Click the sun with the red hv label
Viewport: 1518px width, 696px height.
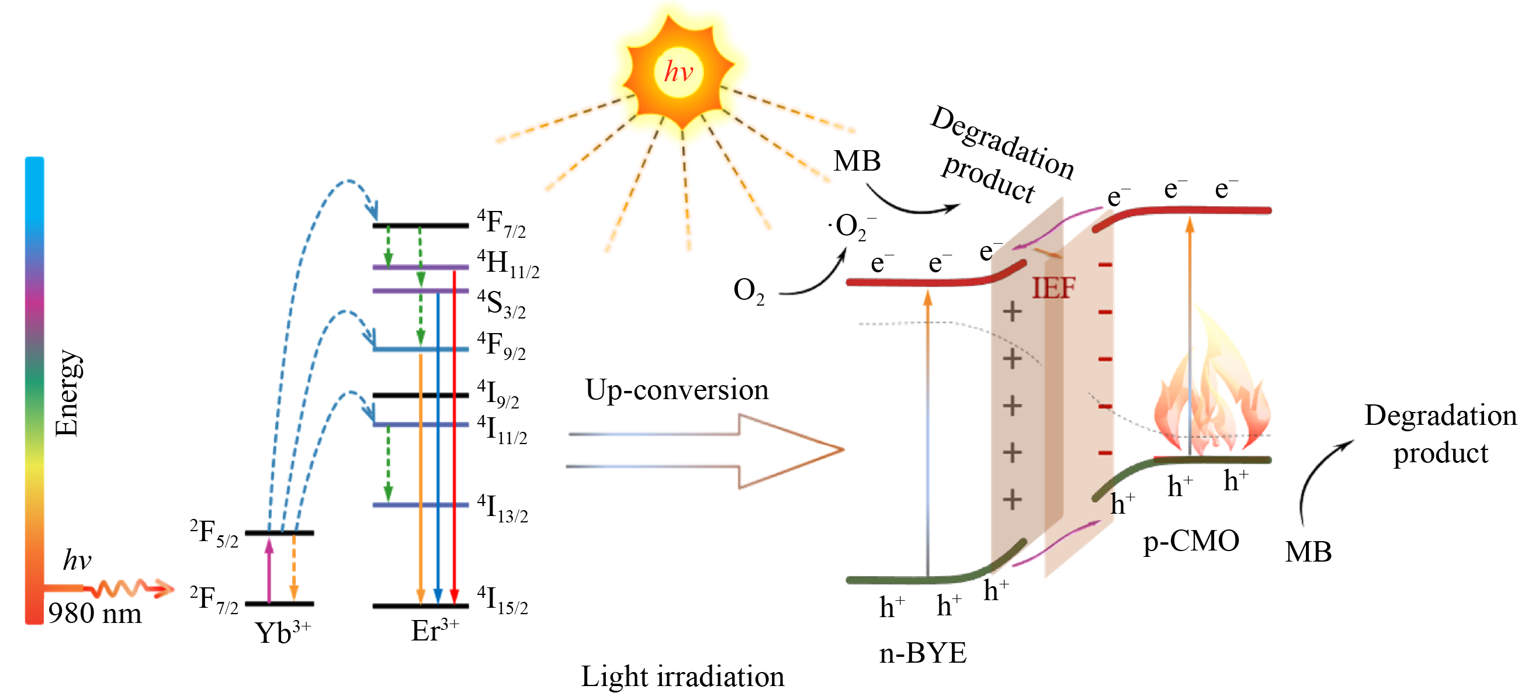tap(680, 72)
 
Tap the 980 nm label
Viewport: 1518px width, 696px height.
tap(95, 614)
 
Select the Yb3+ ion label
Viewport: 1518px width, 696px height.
tap(282, 632)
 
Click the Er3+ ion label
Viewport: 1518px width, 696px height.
tap(434, 631)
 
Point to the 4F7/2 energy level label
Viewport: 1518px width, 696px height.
tap(501, 223)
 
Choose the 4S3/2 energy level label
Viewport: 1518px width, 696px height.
tap(501, 304)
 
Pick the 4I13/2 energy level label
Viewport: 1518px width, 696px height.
tap(502, 508)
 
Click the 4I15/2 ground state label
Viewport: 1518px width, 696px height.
tap(502, 600)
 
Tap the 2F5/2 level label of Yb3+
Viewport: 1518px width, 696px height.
tap(214, 533)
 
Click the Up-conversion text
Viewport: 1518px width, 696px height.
tap(677, 390)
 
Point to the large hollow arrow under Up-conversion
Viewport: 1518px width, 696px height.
tap(707, 451)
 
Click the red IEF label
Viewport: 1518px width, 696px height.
tap(1053, 289)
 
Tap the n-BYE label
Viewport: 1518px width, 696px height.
tap(923, 653)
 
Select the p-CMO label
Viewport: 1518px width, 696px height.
tap(1191, 541)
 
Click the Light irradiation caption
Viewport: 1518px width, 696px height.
tap(682, 677)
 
